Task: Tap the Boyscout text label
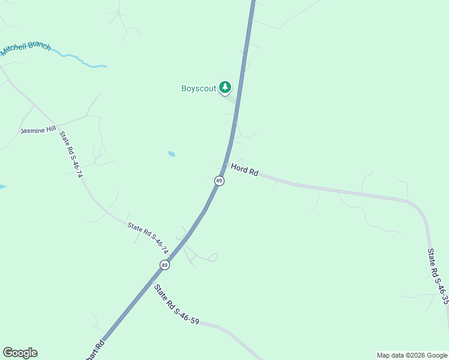198,88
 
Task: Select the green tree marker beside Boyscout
225,88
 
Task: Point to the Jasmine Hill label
38,130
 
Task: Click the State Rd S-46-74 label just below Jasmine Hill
71,154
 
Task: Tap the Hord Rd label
244,170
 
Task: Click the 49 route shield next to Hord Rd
219,181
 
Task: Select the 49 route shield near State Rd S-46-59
164,265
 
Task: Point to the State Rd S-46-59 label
176,305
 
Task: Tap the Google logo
20,353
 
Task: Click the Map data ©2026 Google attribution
412,355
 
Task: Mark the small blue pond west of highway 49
172,154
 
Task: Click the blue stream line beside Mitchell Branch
81,60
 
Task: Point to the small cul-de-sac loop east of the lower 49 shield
212,257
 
